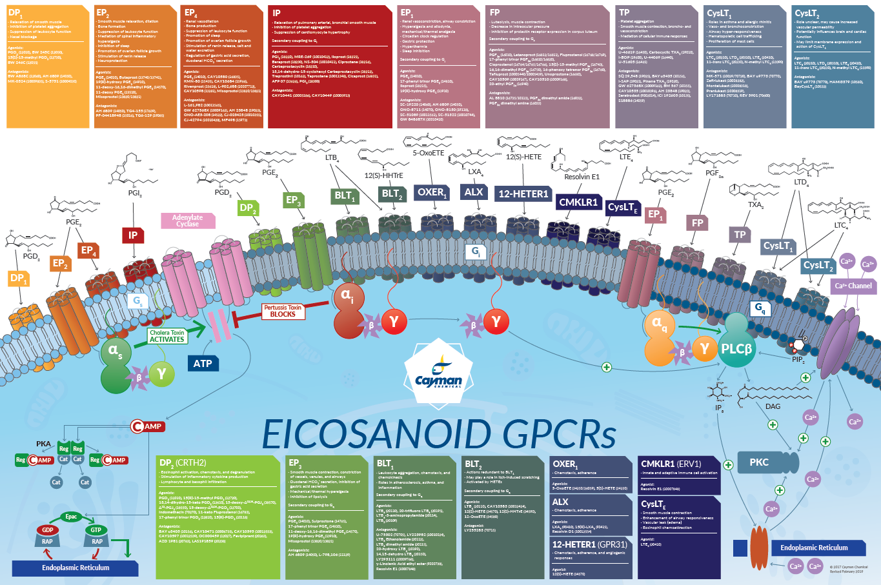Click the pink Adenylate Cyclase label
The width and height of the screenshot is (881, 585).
pyautogui.click(x=188, y=221)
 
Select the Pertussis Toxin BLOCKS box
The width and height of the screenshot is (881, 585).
pyautogui.click(x=283, y=311)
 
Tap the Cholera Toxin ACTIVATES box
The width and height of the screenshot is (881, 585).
pyautogui.click(x=167, y=336)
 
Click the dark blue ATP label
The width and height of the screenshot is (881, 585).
pyautogui.click(x=203, y=363)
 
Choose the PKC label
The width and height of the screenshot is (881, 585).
pyautogui.click(x=759, y=462)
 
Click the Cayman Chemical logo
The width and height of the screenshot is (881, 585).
pyautogui.click(x=438, y=375)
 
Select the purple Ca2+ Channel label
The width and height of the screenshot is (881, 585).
pyautogui.click(x=853, y=286)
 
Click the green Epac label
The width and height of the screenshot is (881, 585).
pyautogui.click(x=71, y=517)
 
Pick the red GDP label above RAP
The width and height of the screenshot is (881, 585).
pyautogui.click(x=47, y=530)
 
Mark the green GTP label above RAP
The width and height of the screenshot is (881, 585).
pyautogui.click(x=96, y=530)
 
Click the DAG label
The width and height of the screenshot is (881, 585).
pyautogui.click(x=773, y=406)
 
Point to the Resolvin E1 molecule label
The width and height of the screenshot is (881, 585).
pyautogui.click(x=582, y=177)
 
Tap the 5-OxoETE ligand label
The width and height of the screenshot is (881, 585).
pyautogui.click(x=429, y=154)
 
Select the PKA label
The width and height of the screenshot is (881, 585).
pyautogui.click(x=43, y=444)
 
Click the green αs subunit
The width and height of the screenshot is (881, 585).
pyautogui.click(x=116, y=352)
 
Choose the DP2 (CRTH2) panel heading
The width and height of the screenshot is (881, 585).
pyautogui.click(x=183, y=462)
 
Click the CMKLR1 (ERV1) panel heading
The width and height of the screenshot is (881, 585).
pyautogui.click(x=671, y=463)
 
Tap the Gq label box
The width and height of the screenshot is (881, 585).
pyautogui.click(x=760, y=308)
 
